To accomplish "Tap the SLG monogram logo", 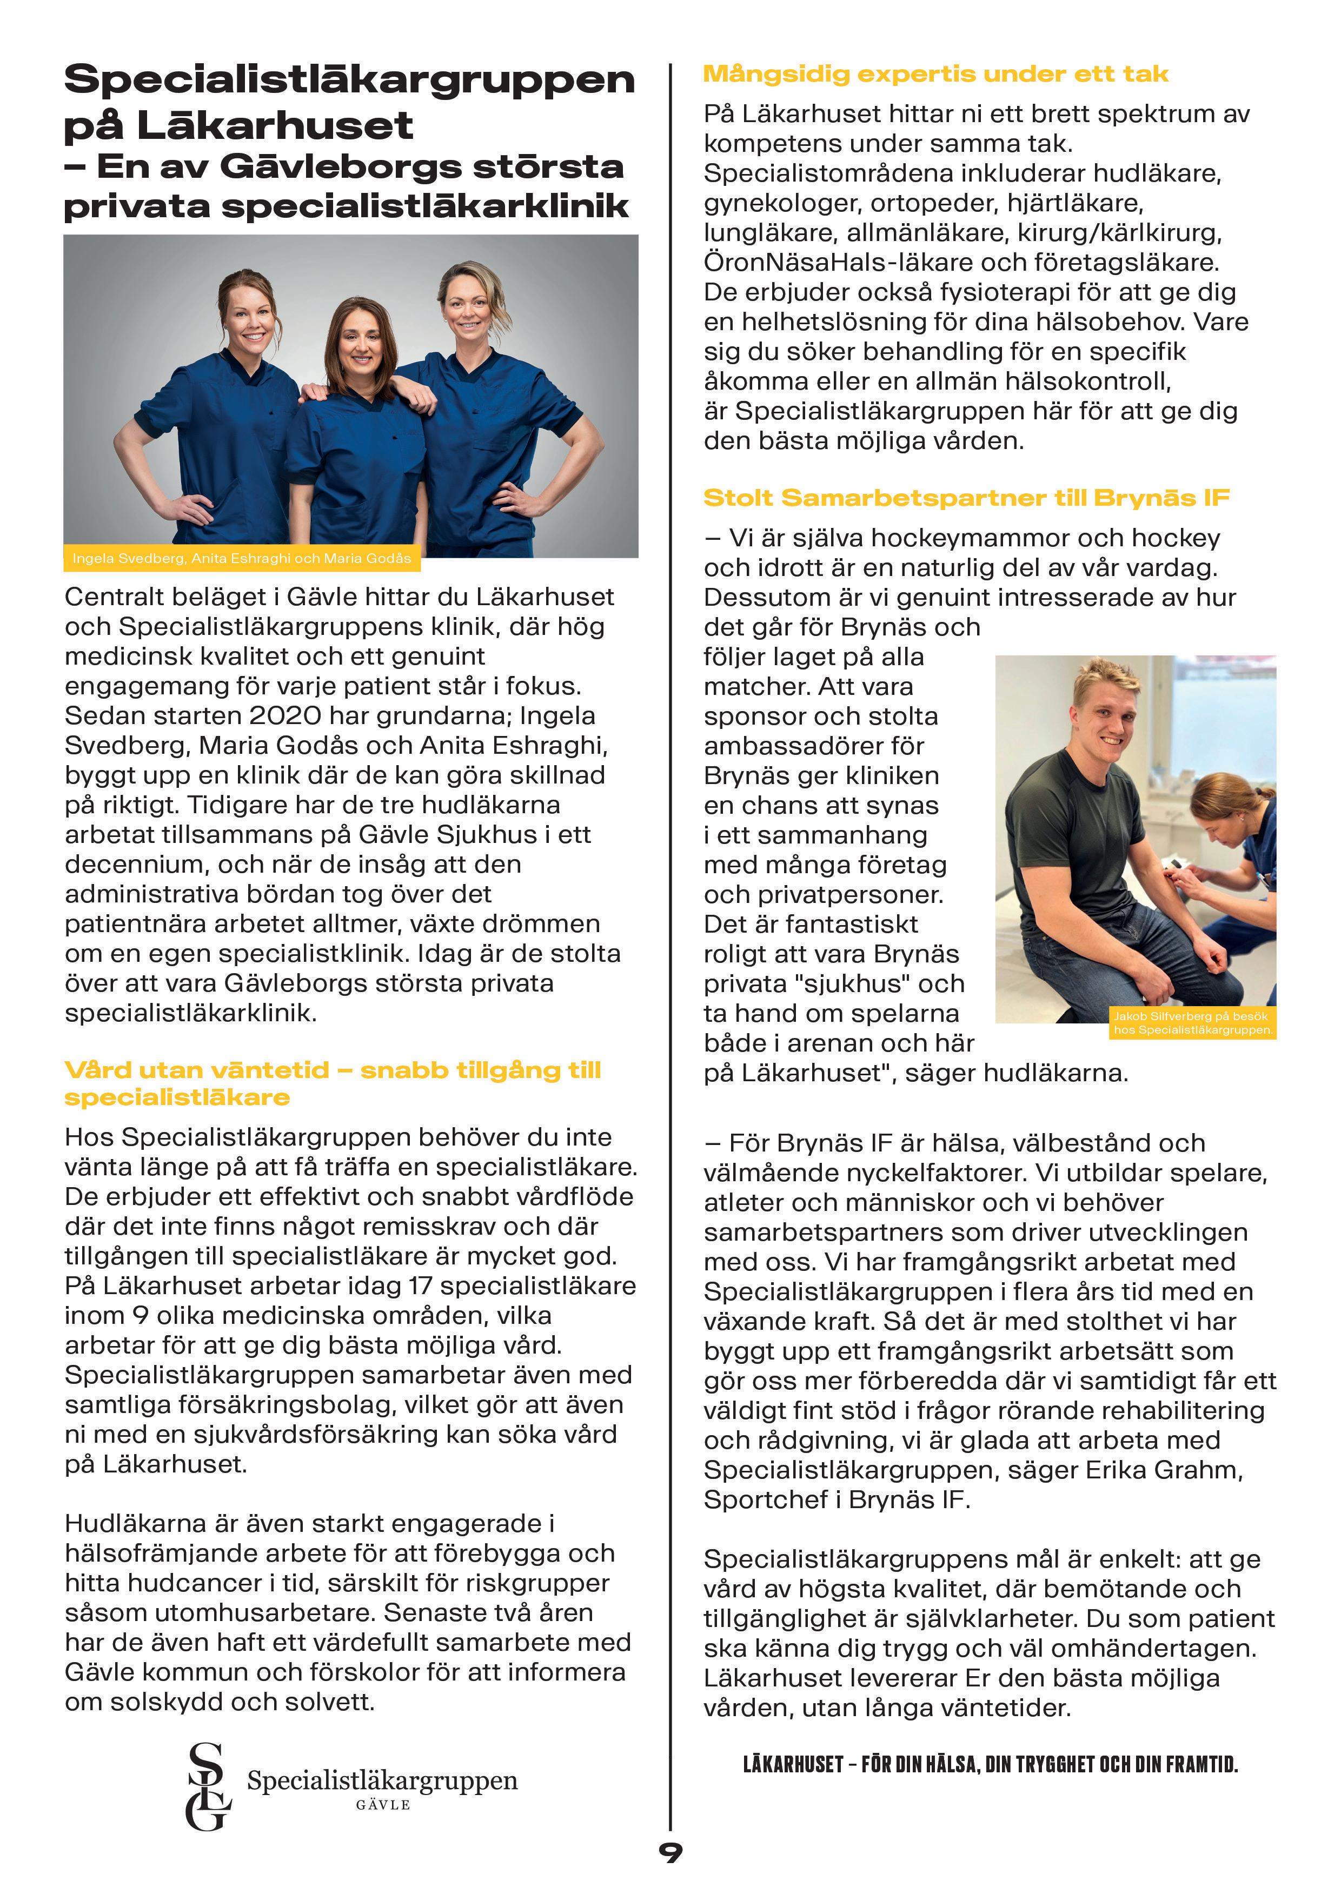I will [x=208, y=1785].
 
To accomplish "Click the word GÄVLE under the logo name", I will [x=383, y=1805].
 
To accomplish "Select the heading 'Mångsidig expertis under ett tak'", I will [x=935, y=74].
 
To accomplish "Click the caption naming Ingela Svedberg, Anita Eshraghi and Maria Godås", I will [x=241, y=559].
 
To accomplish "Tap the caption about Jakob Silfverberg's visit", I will [x=1192, y=1022].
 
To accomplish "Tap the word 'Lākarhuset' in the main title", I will [x=275, y=125].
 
